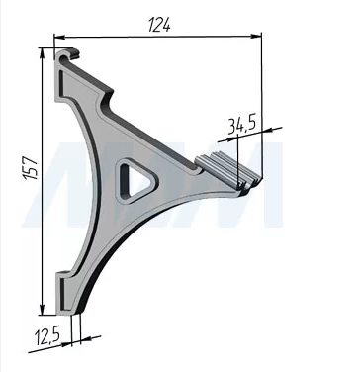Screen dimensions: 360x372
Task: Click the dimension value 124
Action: point(159,25)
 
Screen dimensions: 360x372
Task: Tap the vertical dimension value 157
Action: point(31,168)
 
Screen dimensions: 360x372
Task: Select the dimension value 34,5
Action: point(241,125)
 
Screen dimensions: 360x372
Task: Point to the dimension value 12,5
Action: point(47,337)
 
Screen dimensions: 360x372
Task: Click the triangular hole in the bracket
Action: point(136,181)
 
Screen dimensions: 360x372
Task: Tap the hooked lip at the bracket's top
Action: point(67,54)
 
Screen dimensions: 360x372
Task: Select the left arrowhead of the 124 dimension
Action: point(59,37)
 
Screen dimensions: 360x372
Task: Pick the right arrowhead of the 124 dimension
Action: point(256,36)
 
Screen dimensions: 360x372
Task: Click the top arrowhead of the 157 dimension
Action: point(42,54)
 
